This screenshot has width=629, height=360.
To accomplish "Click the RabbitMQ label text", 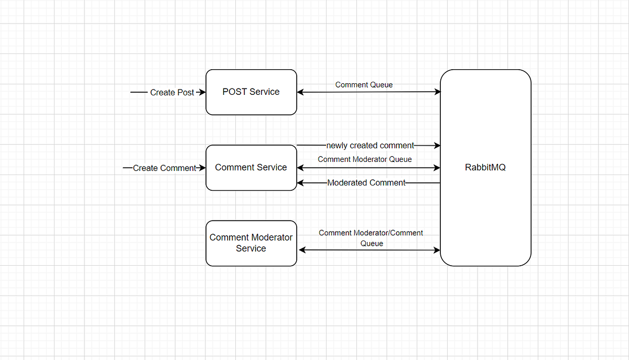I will (485, 168).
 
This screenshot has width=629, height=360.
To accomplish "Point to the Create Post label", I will (172, 92).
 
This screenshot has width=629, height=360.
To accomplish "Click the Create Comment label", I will (165, 168).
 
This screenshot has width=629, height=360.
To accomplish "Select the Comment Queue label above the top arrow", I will (364, 84).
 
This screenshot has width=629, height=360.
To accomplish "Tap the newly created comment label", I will (370, 145).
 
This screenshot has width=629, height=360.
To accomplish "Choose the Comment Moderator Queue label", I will (365, 159).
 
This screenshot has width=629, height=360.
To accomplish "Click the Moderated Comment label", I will (366, 183).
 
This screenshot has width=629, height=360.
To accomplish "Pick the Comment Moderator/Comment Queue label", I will (371, 238).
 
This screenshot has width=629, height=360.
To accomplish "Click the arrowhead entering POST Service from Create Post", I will (202, 92).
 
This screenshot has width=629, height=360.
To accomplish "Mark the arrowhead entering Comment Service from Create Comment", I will (202, 168).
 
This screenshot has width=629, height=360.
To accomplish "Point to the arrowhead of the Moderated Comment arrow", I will (300, 183).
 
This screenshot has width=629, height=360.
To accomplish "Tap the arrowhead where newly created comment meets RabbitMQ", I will (437, 145).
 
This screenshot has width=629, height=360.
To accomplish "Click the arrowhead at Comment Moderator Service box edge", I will (301, 250).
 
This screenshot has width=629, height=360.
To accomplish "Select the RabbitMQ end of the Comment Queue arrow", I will (437, 92).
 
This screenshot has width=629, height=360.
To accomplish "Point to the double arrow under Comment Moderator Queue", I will (368, 168).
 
